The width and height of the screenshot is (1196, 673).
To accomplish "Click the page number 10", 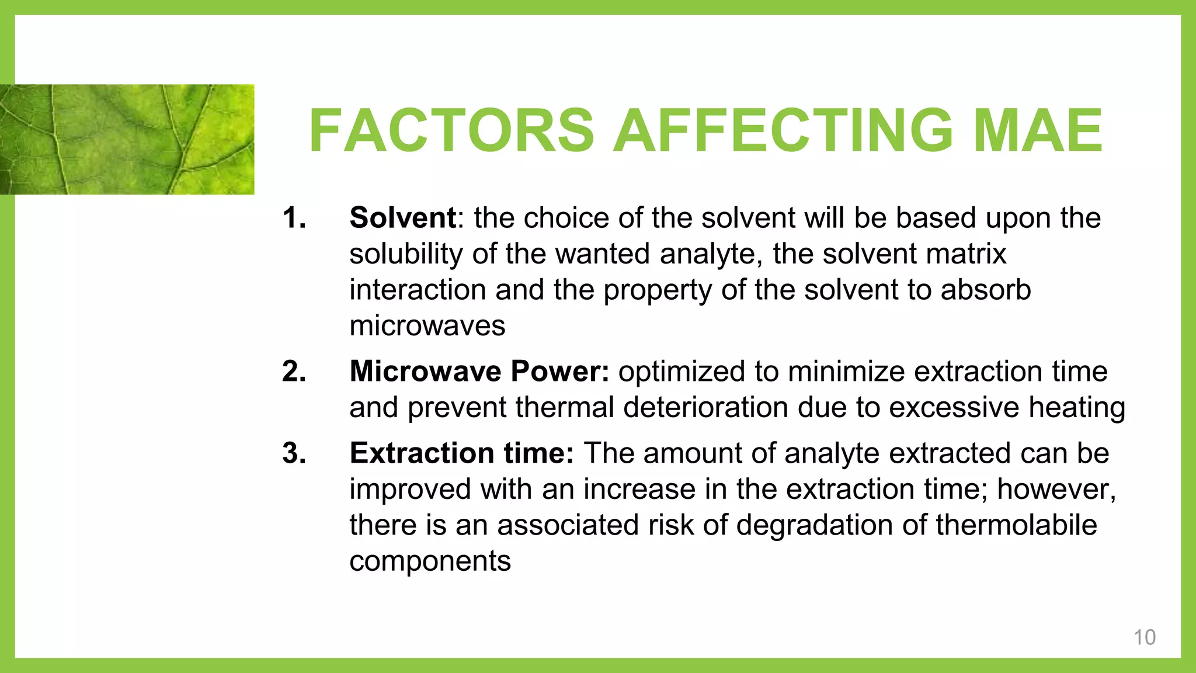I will (x=1144, y=637).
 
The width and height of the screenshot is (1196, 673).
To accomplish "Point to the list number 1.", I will (x=294, y=218).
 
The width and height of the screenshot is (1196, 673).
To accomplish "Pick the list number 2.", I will (x=294, y=372).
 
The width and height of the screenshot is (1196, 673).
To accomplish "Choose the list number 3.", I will (x=294, y=453).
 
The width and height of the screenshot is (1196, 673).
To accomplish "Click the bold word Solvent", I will (x=402, y=218).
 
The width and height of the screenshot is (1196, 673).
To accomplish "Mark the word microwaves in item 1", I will (x=427, y=326).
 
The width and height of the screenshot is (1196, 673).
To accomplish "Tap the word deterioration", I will (x=706, y=407).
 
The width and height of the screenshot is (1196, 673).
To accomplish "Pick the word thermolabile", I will (x=1016, y=525).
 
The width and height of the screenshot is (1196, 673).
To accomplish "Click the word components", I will (x=430, y=561).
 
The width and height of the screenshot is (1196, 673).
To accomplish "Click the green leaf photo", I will (x=127, y=139).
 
